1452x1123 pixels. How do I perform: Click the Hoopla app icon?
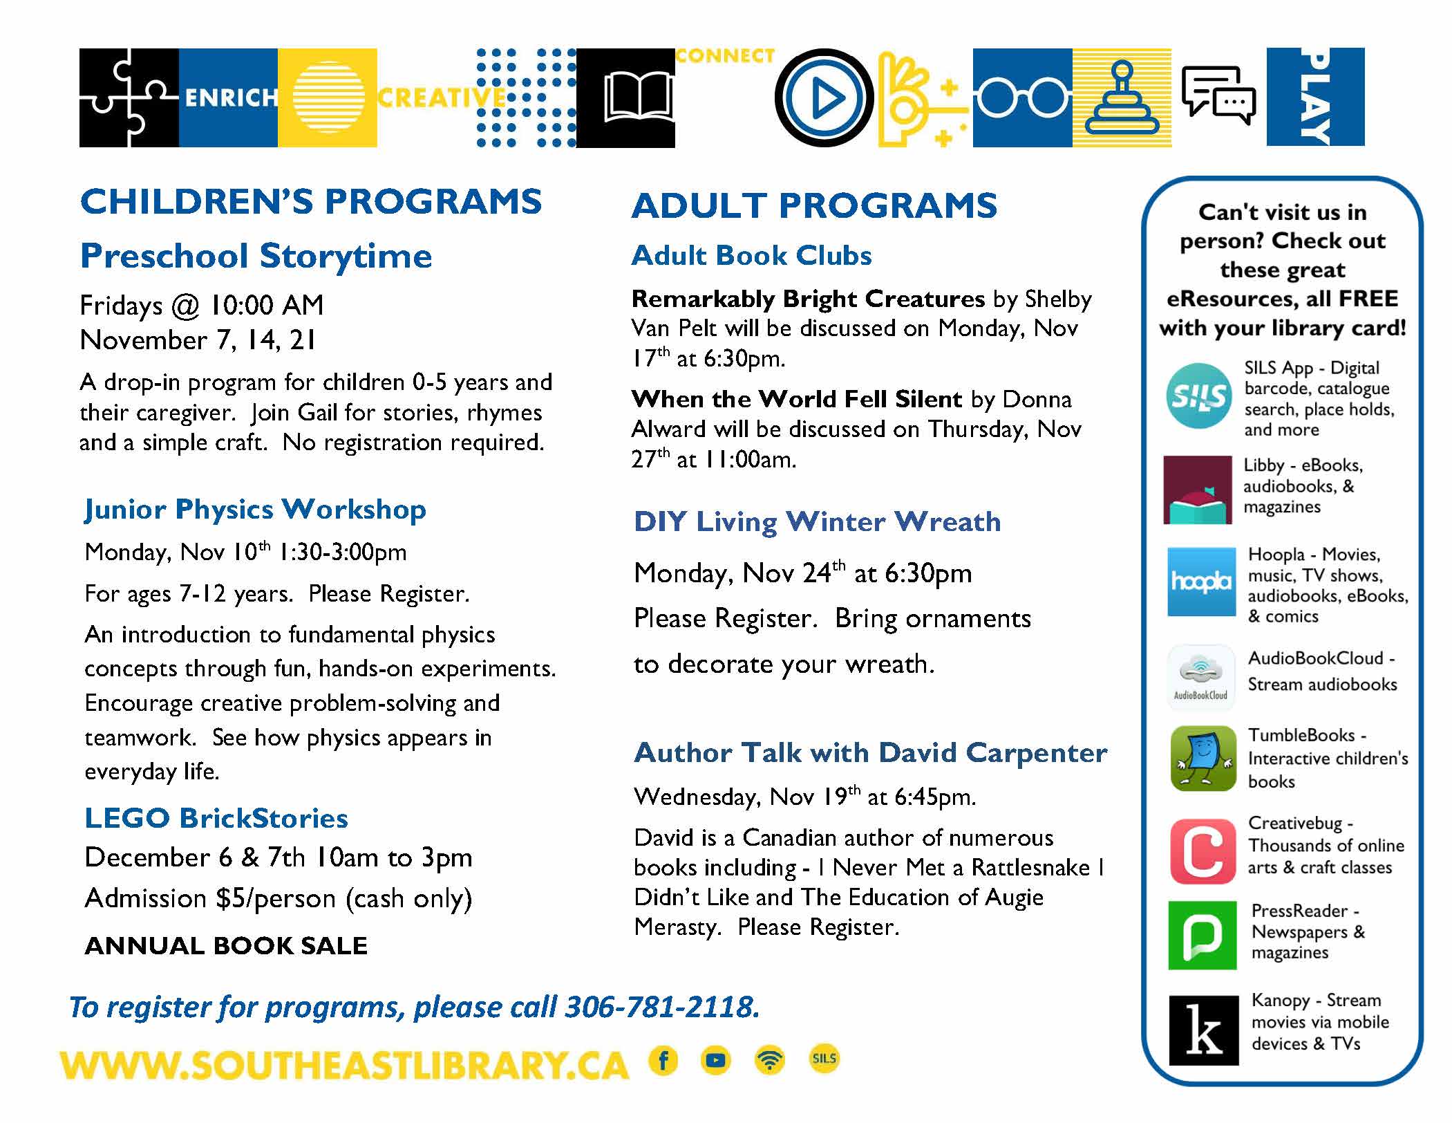point(1201,582)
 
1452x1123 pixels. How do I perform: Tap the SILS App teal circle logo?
point(1199,396)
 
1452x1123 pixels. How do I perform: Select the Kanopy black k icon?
point(1203,1030)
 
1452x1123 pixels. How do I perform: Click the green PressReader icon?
point(1202,935)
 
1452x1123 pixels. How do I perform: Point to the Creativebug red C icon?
point(1203,851)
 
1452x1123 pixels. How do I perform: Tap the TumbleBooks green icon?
point(1203,758)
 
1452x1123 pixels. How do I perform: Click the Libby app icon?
point(1198,490)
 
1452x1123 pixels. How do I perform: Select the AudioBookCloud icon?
point(1200,677)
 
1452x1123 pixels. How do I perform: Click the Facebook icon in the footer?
point(663,1060)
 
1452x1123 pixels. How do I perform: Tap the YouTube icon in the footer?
point(716,1060)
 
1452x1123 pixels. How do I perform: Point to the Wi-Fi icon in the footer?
point(770,1060)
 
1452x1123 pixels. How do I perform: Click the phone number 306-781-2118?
point(661,1007)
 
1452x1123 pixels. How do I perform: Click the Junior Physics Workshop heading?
point(255,510)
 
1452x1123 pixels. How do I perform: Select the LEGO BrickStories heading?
point(216,818)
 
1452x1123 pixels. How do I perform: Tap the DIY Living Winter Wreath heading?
point(818,521)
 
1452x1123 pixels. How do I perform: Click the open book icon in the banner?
point(638,98)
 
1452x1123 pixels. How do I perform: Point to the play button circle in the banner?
point(824,98)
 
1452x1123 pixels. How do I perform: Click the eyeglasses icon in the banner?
point(1022,98)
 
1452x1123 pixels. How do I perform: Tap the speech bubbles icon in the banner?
point(1219,96)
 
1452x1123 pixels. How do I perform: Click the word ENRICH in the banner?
point(231,98)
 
